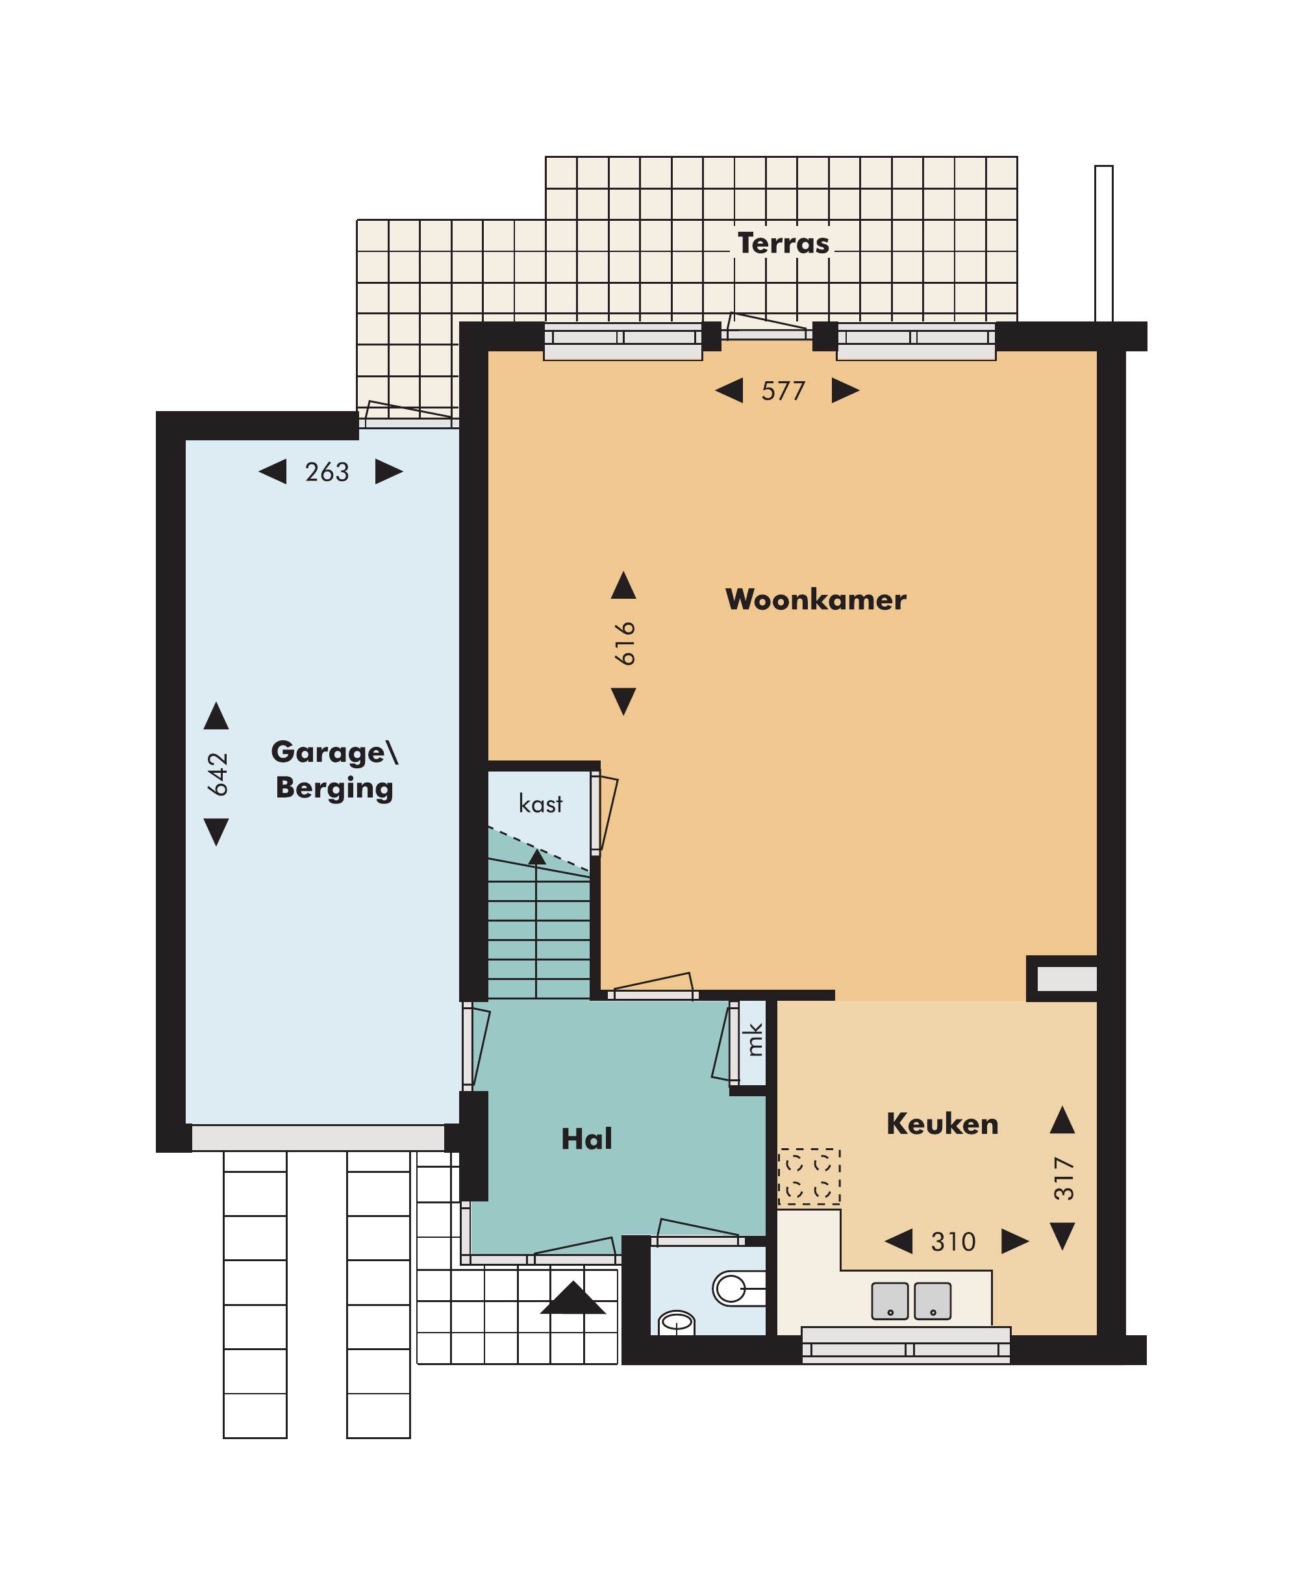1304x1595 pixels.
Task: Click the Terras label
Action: pos(783,244)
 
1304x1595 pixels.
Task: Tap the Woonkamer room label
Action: pos(816,599)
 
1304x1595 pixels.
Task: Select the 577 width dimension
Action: pos(783,391)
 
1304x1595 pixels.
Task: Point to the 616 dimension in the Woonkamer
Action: pos(624,643)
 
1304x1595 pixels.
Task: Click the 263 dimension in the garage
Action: pos(327,472)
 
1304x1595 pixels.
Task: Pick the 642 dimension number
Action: pos(217,774)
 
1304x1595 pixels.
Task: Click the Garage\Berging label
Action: pos(334,770)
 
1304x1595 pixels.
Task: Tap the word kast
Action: pos(540,804)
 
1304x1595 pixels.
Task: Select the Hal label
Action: pos(586,1139)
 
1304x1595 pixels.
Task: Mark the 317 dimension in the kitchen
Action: pos(1064,1178)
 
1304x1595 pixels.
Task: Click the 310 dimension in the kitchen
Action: pos(953,1242)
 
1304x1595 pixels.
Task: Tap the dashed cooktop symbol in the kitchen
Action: pos(809,1177)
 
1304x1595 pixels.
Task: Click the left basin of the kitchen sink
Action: pos(890,1301)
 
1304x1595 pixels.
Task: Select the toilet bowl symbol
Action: pos(738,1288)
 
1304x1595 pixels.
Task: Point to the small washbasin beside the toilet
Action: pos(677,1322)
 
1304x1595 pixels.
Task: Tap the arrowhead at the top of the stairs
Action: pos(536,857)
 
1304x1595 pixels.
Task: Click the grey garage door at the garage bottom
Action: pos(318,1137)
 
